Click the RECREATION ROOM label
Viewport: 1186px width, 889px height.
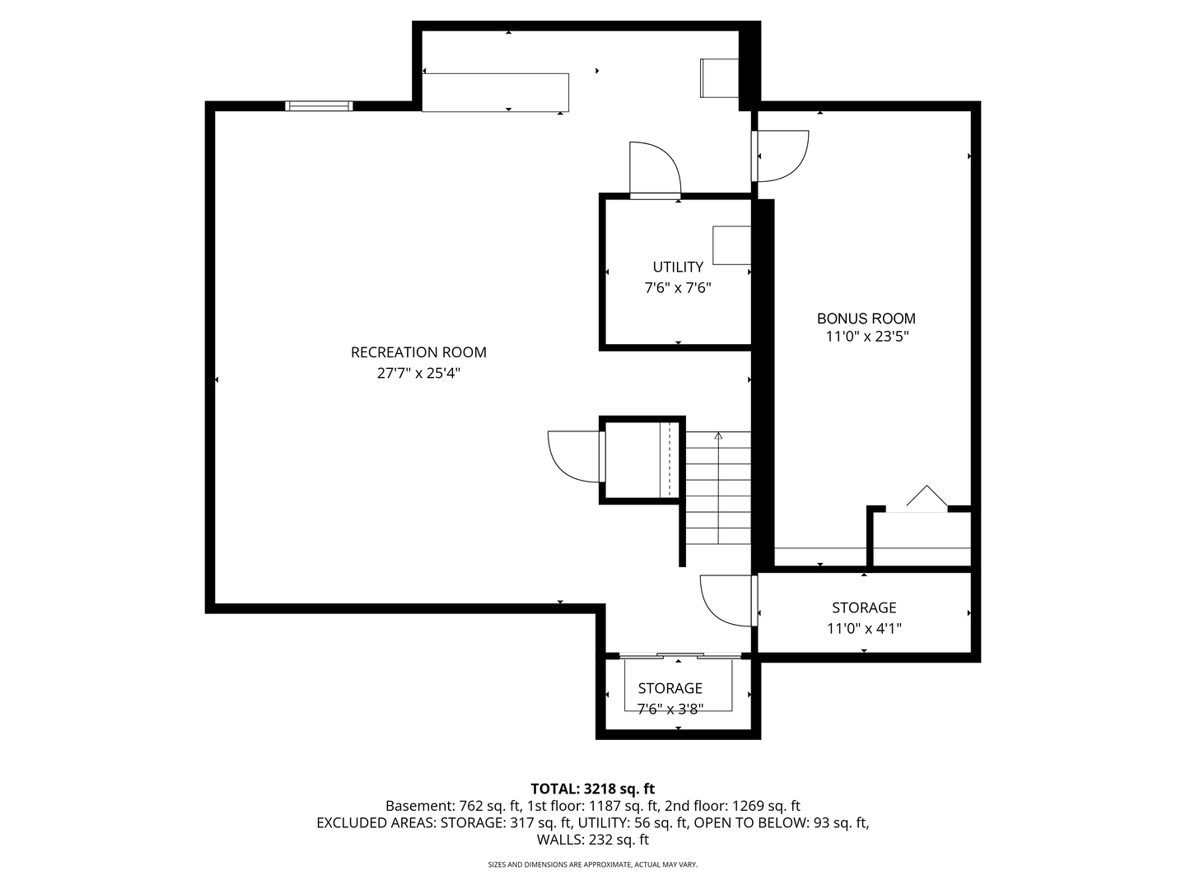(x=418, y=352)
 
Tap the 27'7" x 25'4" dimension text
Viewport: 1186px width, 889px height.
(x=418, y=373)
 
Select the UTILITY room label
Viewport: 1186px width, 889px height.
(x=678, y=268)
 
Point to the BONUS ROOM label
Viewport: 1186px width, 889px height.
(x=866, y=319)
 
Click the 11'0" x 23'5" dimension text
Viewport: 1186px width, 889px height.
(x=866, y=337)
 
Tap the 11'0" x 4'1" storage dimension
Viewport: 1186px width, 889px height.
(x=864, y=629)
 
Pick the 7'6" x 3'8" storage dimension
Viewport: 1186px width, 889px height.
(x=670, y=709)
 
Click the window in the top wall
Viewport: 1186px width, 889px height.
(x=319, y=106)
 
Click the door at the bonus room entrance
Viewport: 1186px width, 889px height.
(x=780, y=156)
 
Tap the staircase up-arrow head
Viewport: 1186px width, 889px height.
(x=718, y=435)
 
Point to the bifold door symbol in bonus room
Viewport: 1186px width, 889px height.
(x=927, y=496)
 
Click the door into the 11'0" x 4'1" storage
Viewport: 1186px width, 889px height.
(x=728, y=601)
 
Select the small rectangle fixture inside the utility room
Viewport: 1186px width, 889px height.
(x=731, y=245)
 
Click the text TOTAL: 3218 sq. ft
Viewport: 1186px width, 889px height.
(x=593, y=789)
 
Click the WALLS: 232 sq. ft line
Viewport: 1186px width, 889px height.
(x=593, y=840)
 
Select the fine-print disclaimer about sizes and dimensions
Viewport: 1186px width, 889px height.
(x=593, y=864)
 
